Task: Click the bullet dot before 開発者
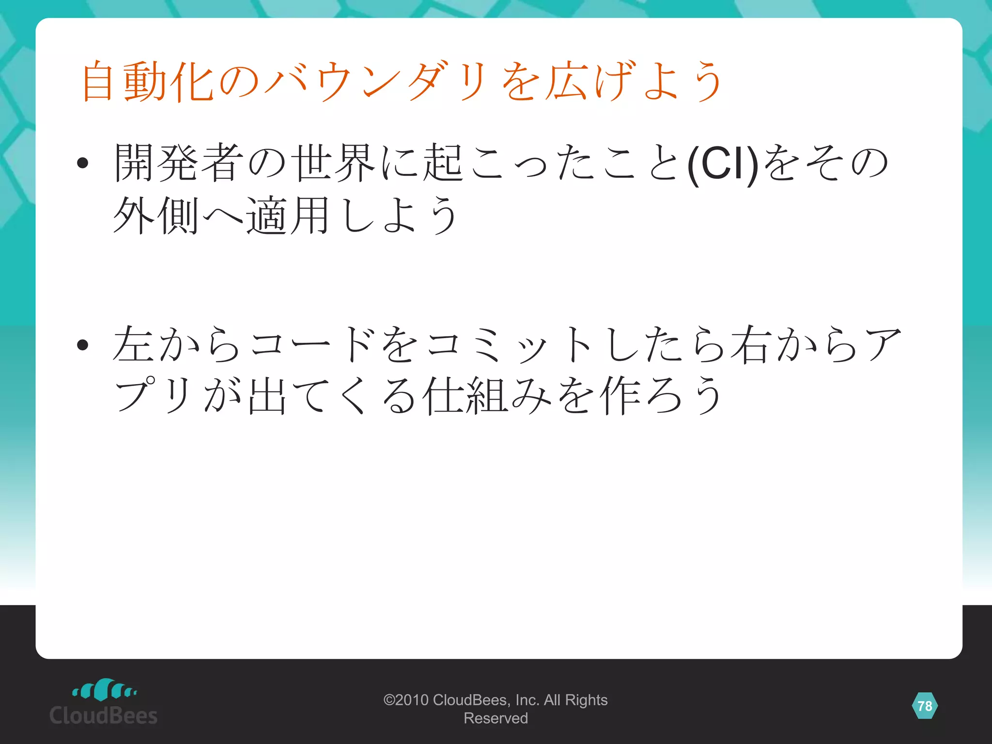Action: (83, 163)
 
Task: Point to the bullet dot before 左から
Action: (83, 344)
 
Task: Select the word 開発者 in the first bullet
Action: (179, 163)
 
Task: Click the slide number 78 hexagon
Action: (925, 706)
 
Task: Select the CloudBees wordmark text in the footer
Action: (104, 715)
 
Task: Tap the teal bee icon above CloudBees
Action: (104, 690)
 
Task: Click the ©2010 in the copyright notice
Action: (405, 700)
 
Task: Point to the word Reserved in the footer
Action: (496, 718)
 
